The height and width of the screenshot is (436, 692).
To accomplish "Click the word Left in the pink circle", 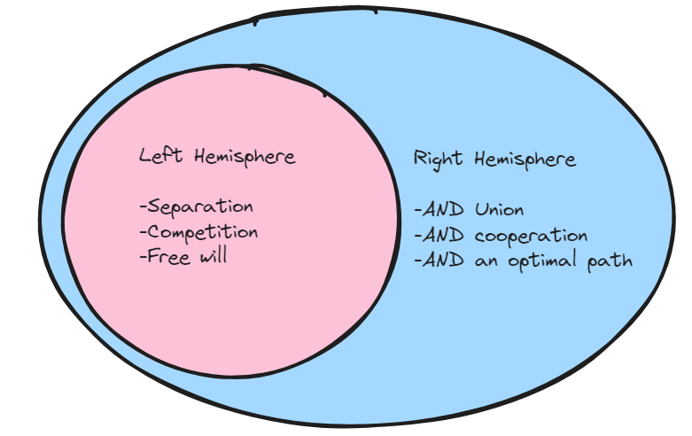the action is point(159,156).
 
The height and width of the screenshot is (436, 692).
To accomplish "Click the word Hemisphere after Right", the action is point(525,160).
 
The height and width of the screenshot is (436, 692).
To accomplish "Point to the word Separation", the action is point(200,207).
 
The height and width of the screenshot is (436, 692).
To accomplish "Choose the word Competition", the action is point(203,232).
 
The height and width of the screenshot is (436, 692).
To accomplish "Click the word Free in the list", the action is point(167,257).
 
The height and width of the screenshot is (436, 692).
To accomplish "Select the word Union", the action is point(499,210).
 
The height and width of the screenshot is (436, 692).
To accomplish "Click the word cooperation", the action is point(531,237).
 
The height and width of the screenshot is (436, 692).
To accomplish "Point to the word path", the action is point(612,261).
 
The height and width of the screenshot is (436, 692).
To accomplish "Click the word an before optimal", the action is point(486,262).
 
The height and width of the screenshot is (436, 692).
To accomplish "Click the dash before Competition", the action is point(143,233).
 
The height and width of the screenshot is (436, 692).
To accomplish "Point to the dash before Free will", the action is point(143,258).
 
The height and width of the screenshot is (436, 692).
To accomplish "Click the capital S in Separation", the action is point(153,207).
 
